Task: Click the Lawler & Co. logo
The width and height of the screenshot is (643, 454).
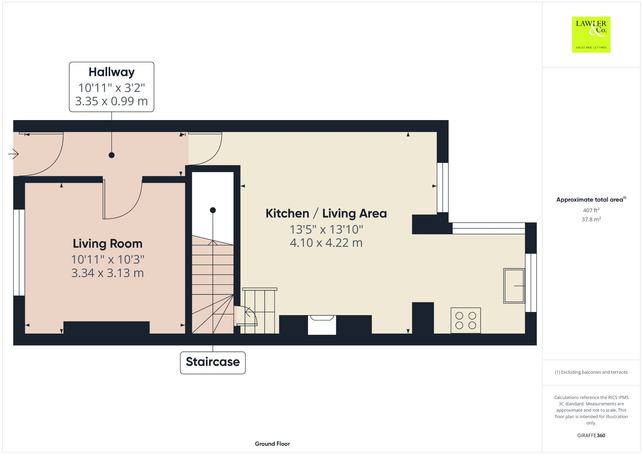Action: [x=591, y=34]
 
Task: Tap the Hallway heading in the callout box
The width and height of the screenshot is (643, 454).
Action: [x=111, y=72]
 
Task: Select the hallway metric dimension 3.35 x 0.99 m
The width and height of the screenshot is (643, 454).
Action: [x=111, y=101]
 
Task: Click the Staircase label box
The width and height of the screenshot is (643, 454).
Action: [x=213, y=362]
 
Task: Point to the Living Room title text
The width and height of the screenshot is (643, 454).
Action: [x=107, y=244]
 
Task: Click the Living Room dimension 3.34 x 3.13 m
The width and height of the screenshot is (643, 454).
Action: [x=107, y=273]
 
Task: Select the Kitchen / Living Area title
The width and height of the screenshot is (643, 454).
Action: [x=326, y=214]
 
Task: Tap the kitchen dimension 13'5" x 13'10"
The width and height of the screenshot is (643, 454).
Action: [x=326, y=230]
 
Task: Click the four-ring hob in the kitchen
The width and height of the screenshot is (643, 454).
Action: [x=465, y=320]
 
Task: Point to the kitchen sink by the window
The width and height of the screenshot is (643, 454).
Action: [x=514, y=286]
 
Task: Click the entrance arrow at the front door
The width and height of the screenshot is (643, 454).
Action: [x=14, y=154]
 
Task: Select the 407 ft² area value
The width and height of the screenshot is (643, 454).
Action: [x=591, y=210]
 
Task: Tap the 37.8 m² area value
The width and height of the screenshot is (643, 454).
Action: [x=591, y=219]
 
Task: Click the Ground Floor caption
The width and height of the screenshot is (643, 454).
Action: [x=272, y=444]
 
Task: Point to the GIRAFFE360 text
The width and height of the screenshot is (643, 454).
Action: [x=591, y=436]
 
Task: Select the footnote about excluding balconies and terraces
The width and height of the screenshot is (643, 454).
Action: [x=591, y=372]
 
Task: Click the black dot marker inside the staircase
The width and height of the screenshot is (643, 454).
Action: [x=213, y=210]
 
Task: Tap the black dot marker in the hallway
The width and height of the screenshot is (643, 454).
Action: [x=111, y=155]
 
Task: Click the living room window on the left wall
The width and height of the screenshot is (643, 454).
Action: [x=19, y=252]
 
